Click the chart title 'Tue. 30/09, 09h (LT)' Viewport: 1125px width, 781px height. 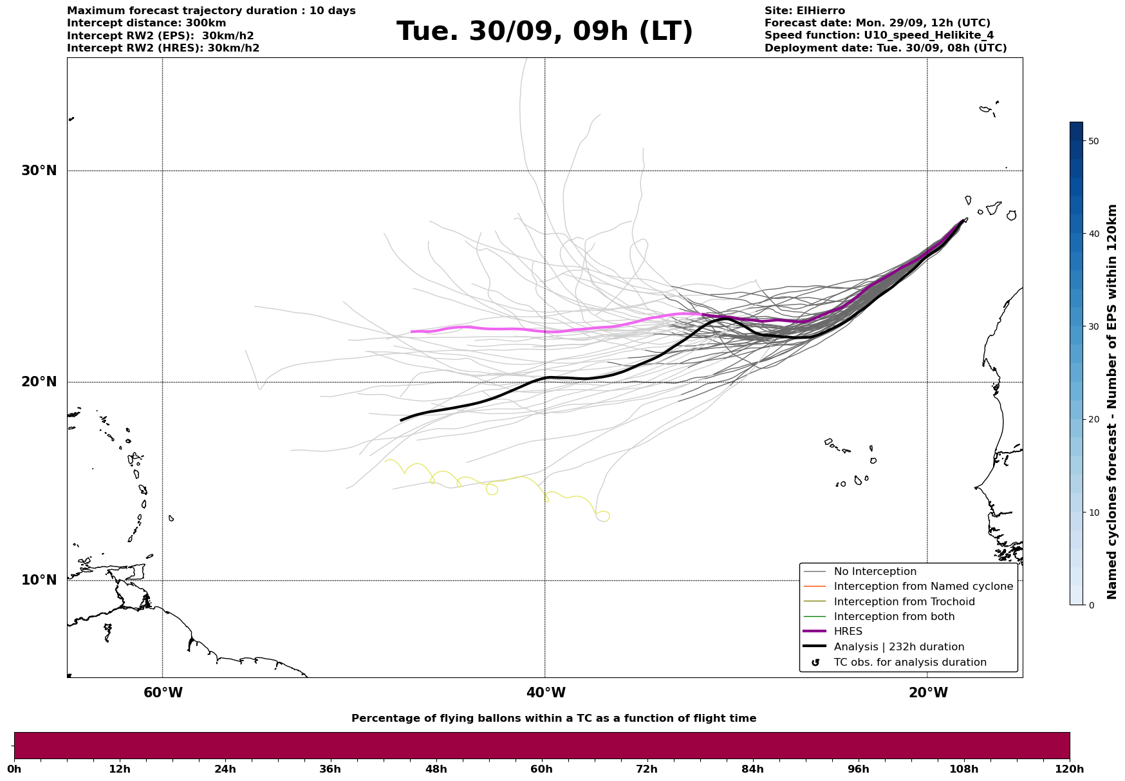click(x=544, y=32)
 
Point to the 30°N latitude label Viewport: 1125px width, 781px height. click(x=39, y=171)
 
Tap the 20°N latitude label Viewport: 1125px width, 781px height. click(x=39, y=382)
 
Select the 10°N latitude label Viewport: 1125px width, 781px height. click(x=39, y=580)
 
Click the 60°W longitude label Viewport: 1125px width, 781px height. click(x=163, y=693)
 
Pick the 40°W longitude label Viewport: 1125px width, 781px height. click(x=546, y=693)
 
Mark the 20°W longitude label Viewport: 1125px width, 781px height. click(x=928, y=693)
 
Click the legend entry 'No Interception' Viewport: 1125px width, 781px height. click(x=875, y=572)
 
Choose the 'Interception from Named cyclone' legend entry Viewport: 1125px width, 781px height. click(x=923, y=587)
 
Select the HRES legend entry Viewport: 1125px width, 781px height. click(x=848, y=632)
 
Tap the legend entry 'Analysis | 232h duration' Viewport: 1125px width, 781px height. click(x=898, y=647)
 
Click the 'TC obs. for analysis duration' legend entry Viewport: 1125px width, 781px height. click(x=909, y=663)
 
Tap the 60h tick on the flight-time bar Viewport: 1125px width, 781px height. click(x=541, y=769)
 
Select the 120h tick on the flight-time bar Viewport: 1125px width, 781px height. click(x=1070, y=769)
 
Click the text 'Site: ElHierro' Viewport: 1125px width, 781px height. click(x=804, y=11)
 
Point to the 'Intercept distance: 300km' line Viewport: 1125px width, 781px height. click(x=147, y=23)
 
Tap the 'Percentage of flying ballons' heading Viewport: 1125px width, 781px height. click(x=553, y=719)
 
